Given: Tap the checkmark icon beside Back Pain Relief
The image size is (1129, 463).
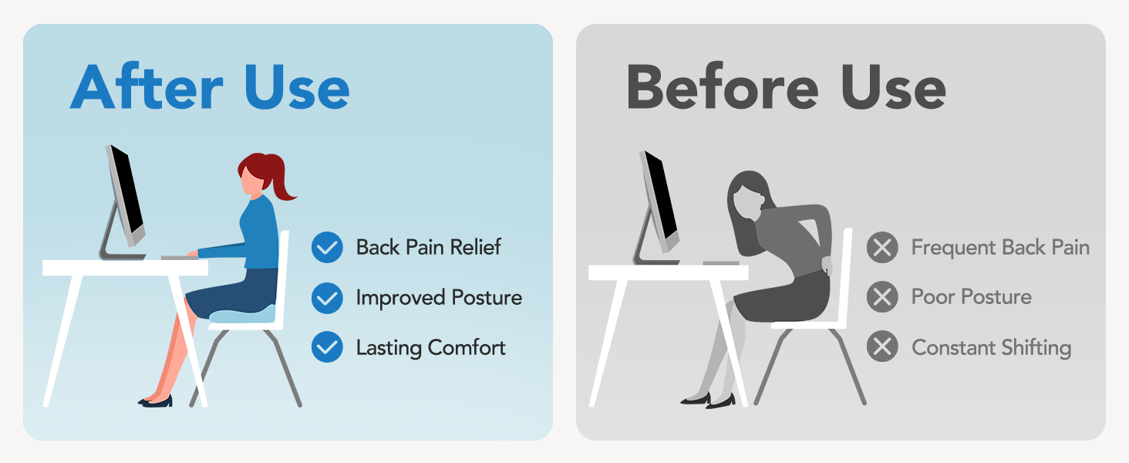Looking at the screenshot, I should click(x=327, y=248).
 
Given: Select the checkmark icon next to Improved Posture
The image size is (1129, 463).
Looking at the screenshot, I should click(x=327, y=298).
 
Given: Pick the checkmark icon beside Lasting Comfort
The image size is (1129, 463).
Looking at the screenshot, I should click(x=327, y=348).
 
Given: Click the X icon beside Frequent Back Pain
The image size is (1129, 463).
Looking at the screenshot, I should click(x=882, y=248).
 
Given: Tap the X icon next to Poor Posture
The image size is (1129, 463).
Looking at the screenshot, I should click(x=882, y=297).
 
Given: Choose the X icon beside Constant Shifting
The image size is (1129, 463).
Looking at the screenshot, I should click(x=882, y=347).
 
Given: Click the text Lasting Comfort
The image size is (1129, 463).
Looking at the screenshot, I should click(x=430, y=348).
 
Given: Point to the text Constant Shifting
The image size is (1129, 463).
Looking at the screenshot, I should click(x=991, y=347).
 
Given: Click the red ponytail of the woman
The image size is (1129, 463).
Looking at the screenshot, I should click(x=278, y=180).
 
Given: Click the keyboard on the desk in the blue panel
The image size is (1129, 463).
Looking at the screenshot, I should click(x=179, y=257).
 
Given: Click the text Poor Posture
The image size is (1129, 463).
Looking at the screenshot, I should click(x=971, y=297).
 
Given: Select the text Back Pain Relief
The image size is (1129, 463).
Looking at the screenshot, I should click(x=428, y=248).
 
